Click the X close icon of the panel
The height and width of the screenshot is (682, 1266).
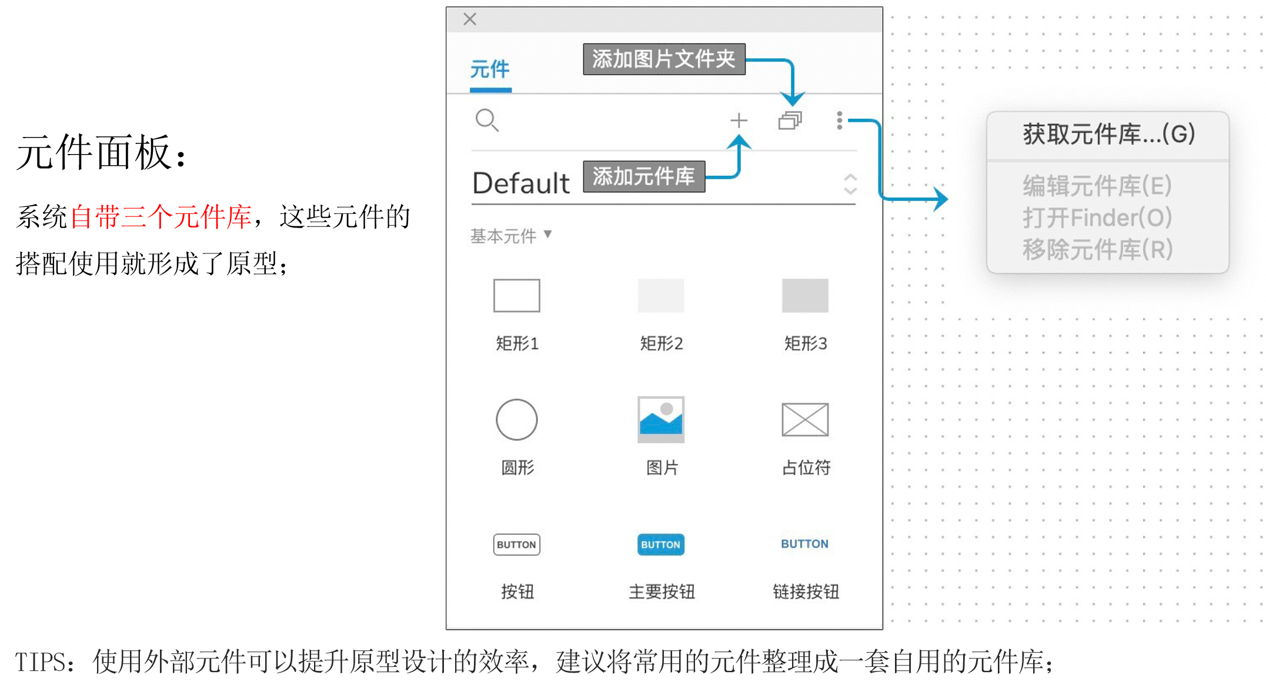pos(469,19)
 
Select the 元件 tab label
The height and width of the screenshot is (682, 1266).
pos(490,69)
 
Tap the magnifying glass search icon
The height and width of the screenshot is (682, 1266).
pos(487,121)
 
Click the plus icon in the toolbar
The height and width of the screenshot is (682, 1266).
pos(739,121)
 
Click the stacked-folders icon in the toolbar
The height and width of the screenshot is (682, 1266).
pos(790,121)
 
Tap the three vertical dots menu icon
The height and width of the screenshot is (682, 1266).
pos(839,121)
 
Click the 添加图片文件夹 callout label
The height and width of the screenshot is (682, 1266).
pos(664,59)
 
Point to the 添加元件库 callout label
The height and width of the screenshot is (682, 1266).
pos(644,176)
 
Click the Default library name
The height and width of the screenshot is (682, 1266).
pos(521,183)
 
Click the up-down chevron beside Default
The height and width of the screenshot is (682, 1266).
pos(850,184)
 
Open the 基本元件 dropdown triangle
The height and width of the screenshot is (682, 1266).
pos(548,235)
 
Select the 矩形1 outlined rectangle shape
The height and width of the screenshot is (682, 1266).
pos(516,296)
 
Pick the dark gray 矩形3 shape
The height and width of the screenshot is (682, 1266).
pos(804,296)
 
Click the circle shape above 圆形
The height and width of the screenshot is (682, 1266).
pos(516,420)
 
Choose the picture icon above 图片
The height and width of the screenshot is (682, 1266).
pos(661,420)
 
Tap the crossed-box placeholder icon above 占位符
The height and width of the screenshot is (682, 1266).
pos(804,420)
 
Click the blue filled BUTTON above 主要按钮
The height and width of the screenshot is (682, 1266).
pos(661,544)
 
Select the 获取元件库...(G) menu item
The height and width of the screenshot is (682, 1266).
pos(1108,135)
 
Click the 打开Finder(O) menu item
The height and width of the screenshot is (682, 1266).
pos(1097,218)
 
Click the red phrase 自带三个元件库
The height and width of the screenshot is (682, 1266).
pos(161,217)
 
